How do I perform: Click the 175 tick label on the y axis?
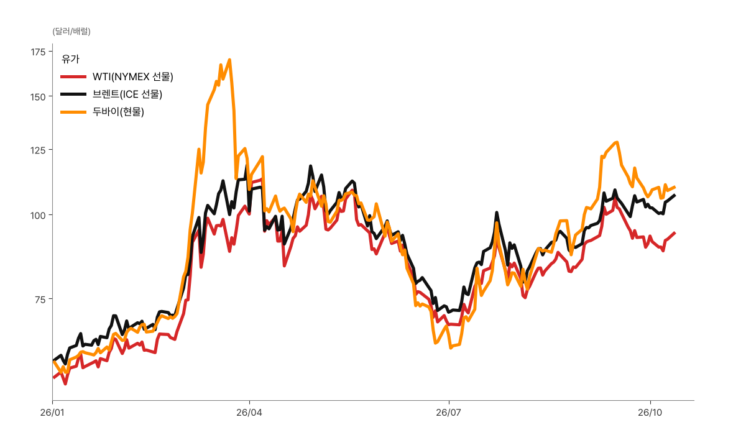point(38,52)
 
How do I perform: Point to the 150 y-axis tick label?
point(38,97)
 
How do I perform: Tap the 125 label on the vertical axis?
point(38,150)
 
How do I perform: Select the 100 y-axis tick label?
point(38,216)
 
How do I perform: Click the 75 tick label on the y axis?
point(40,300)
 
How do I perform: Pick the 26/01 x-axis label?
point(52,413)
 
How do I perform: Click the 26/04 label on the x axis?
point(249,413)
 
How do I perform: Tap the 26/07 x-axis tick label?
point(449,413)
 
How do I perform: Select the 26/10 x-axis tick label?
point(650,413)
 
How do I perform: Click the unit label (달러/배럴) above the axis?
point(71,32)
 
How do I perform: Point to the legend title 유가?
point(70,59)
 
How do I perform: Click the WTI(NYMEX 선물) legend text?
point(133,77)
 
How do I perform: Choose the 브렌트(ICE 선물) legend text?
point(127,94)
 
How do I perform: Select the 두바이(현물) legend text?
point(118,112)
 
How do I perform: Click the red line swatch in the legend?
point(73,77)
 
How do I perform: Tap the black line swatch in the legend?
point(73,94)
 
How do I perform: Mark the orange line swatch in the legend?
point(73,112)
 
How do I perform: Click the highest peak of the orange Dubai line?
point(229,60)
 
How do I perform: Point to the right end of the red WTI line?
point(675,232)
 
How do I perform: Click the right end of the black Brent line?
point(675,195)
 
